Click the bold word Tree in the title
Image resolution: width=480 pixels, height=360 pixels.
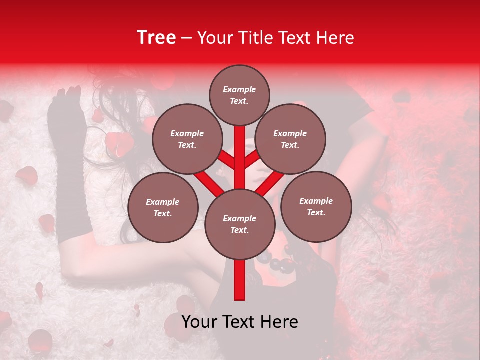click(156, 37)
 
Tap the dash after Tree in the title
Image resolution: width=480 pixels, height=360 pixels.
click(186, 38)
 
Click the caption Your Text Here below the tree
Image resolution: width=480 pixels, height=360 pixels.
click(240, 322)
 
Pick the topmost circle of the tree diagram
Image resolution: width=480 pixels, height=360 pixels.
click(239, 95)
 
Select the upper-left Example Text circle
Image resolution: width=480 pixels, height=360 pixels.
click(187, 139)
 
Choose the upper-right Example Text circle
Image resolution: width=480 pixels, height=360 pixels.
click(290, 139)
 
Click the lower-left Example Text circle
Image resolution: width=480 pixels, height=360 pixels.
click(163, 207)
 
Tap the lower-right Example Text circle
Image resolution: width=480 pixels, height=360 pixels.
click(316, 206)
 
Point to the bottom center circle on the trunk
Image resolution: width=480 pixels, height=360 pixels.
click(240, 224)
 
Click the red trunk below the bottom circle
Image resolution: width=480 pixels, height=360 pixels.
click(240, 280)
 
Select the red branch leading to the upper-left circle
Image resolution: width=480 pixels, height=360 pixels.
click(226, 160)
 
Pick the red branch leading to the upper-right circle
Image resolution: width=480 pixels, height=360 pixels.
click(253, 159)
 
